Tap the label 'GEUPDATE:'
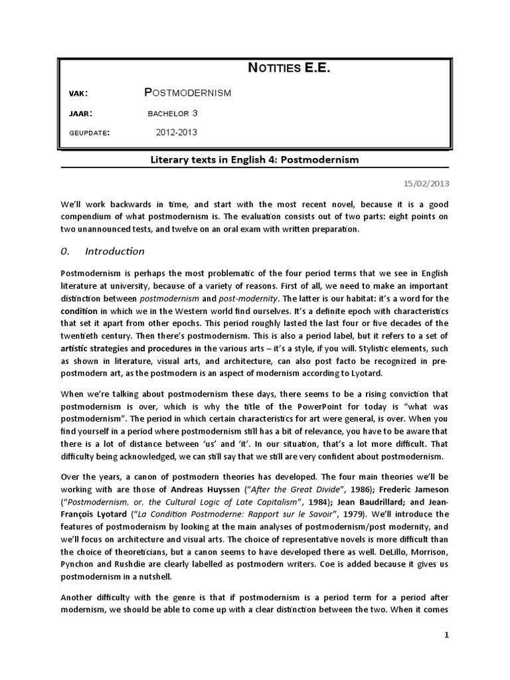(90, 133)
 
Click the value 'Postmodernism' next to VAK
(188, 93)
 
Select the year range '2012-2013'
(177, 133)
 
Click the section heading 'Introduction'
(115, 251)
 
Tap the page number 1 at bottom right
(447, 636)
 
